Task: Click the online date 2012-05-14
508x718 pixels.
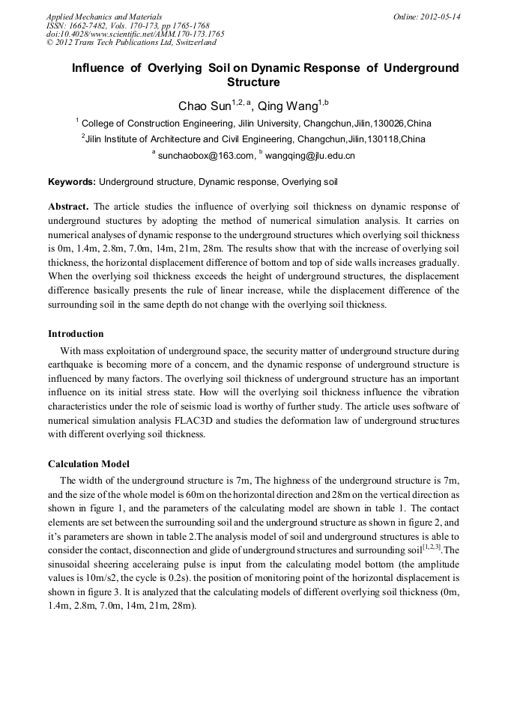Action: pos(440,16)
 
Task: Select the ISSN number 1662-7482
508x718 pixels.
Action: pos(89,25)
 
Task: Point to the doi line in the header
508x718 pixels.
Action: pos(135,34)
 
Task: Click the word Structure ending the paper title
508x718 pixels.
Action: pos(253,82)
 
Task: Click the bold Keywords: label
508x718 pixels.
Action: pos(72,181)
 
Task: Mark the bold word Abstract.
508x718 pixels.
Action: pos(68,206)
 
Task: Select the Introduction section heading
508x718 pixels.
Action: pos(76,334)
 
